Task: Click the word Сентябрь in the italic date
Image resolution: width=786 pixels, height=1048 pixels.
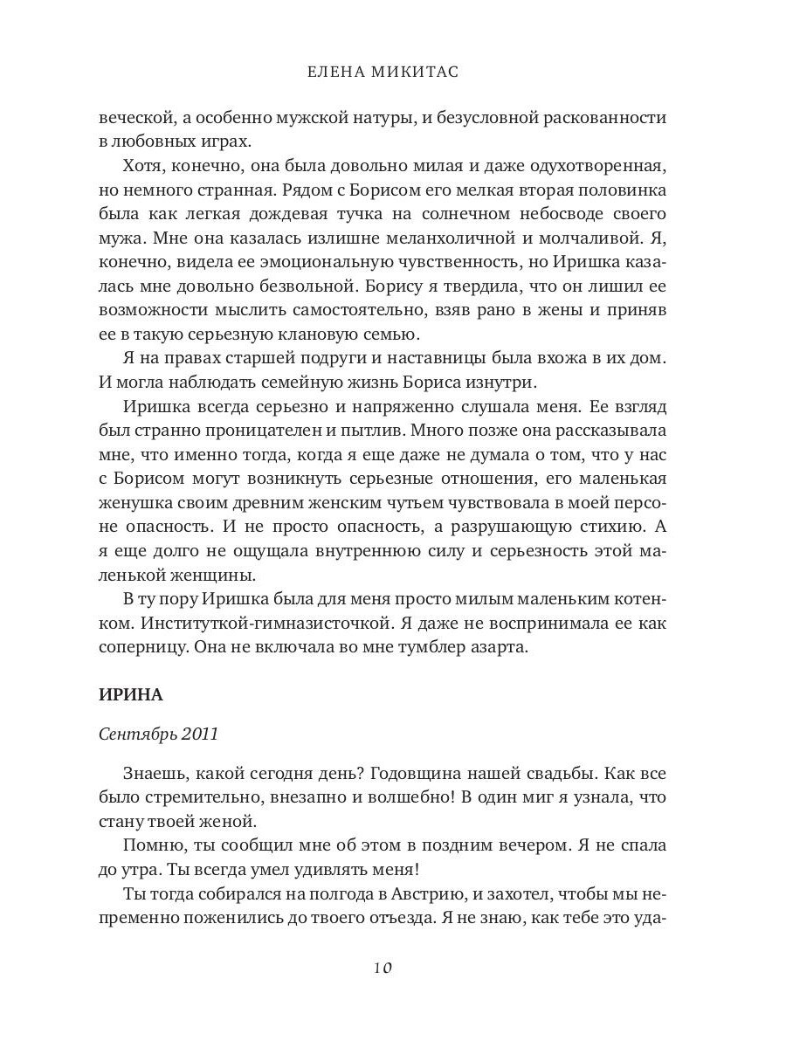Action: point(137,734)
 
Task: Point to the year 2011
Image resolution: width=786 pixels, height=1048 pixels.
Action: point(198,734)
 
